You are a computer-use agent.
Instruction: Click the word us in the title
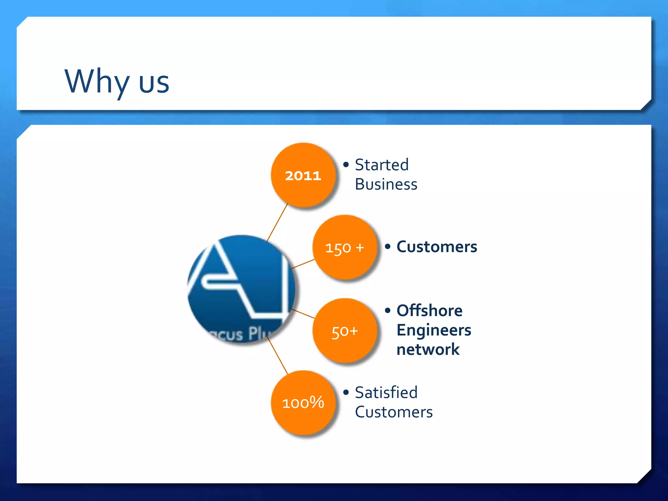[x=154, y=83]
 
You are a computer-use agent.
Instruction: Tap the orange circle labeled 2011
[x=303, y=175]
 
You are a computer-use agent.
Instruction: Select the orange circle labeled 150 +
[x=345, y=247]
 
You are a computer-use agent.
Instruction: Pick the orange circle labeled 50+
[x=345, y=331]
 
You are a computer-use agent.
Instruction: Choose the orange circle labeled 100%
[x=303, y=402]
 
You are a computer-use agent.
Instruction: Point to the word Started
[x=382, y=165]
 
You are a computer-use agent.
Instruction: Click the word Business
[x=386, y=184]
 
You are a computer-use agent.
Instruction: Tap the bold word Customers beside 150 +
[x=437, y=247]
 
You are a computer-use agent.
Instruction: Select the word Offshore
[x=429, y=311]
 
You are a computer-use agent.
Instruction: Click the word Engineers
[x=434, y=330]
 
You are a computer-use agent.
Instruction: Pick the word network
[x=428, y=349]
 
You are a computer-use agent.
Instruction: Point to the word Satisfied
[x=386, y=392]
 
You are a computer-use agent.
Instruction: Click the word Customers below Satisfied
[x=394, y=412]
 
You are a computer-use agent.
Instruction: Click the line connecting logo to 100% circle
[x=277, y=356]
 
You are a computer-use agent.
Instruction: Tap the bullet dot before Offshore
[x=387, y=310]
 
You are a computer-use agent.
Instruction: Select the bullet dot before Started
[x=346, y=164]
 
